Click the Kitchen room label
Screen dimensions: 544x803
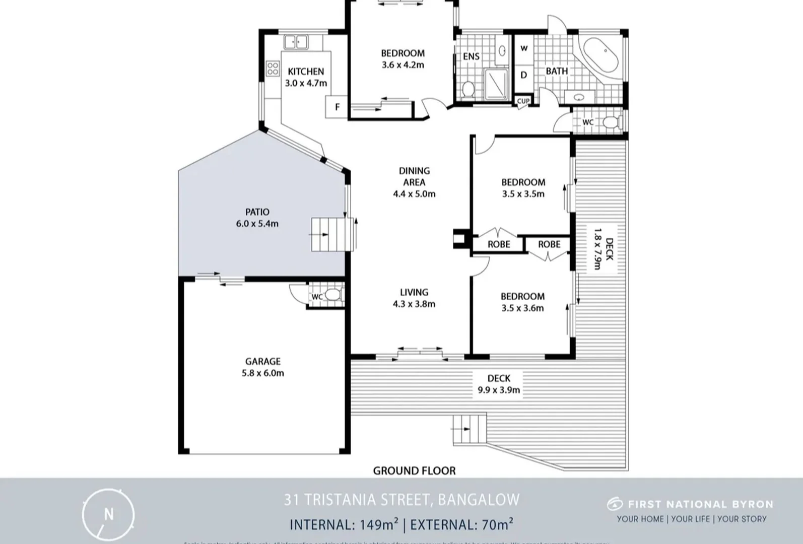(306, 72)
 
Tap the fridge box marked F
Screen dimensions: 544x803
(337, 107)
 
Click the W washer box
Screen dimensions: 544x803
(524, 48)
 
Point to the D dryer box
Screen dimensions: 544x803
(524, 75)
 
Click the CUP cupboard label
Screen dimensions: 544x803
(523, 101)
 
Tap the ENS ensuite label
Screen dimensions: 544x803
(471, 56)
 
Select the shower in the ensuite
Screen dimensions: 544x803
(497, 83)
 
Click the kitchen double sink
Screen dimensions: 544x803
(296, 42)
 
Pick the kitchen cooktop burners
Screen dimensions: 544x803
(273, 68)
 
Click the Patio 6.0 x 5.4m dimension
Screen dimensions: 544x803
(257, 224)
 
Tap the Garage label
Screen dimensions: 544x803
(262, 361)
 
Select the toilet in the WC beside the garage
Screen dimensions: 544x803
(332, 295)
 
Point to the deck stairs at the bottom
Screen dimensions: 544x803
(470, 429)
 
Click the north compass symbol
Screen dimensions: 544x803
(108, 514)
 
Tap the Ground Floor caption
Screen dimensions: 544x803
(414, 470)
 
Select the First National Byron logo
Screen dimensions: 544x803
(690, 504)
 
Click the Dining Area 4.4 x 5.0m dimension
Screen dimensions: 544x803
(414, 194)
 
